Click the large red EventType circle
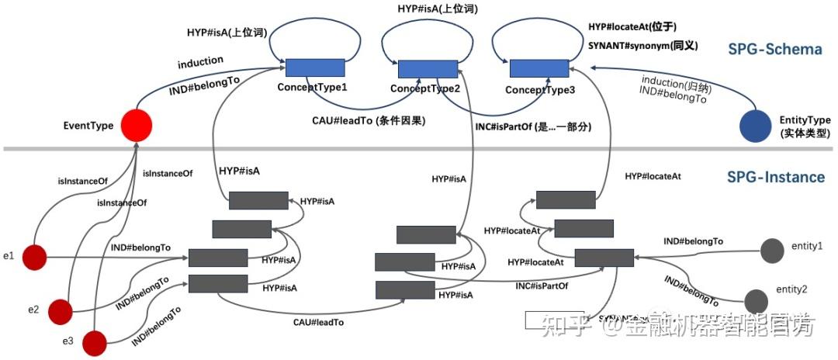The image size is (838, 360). coord(135,125)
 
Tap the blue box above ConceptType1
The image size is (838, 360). coord(315,67)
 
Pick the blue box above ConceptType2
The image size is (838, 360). coord(428,69)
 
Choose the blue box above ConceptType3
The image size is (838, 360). coord(540,68)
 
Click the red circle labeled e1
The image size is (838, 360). coord(35,255)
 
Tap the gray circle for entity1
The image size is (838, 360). coord(772,251)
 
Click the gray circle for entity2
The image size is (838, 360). coord(756,300)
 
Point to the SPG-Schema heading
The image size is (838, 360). coord(774,50)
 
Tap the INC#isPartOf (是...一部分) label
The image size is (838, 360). coord(532,126)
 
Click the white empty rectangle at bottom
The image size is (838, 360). coord(554,319)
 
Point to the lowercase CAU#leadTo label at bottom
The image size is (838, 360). coord(318,321)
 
